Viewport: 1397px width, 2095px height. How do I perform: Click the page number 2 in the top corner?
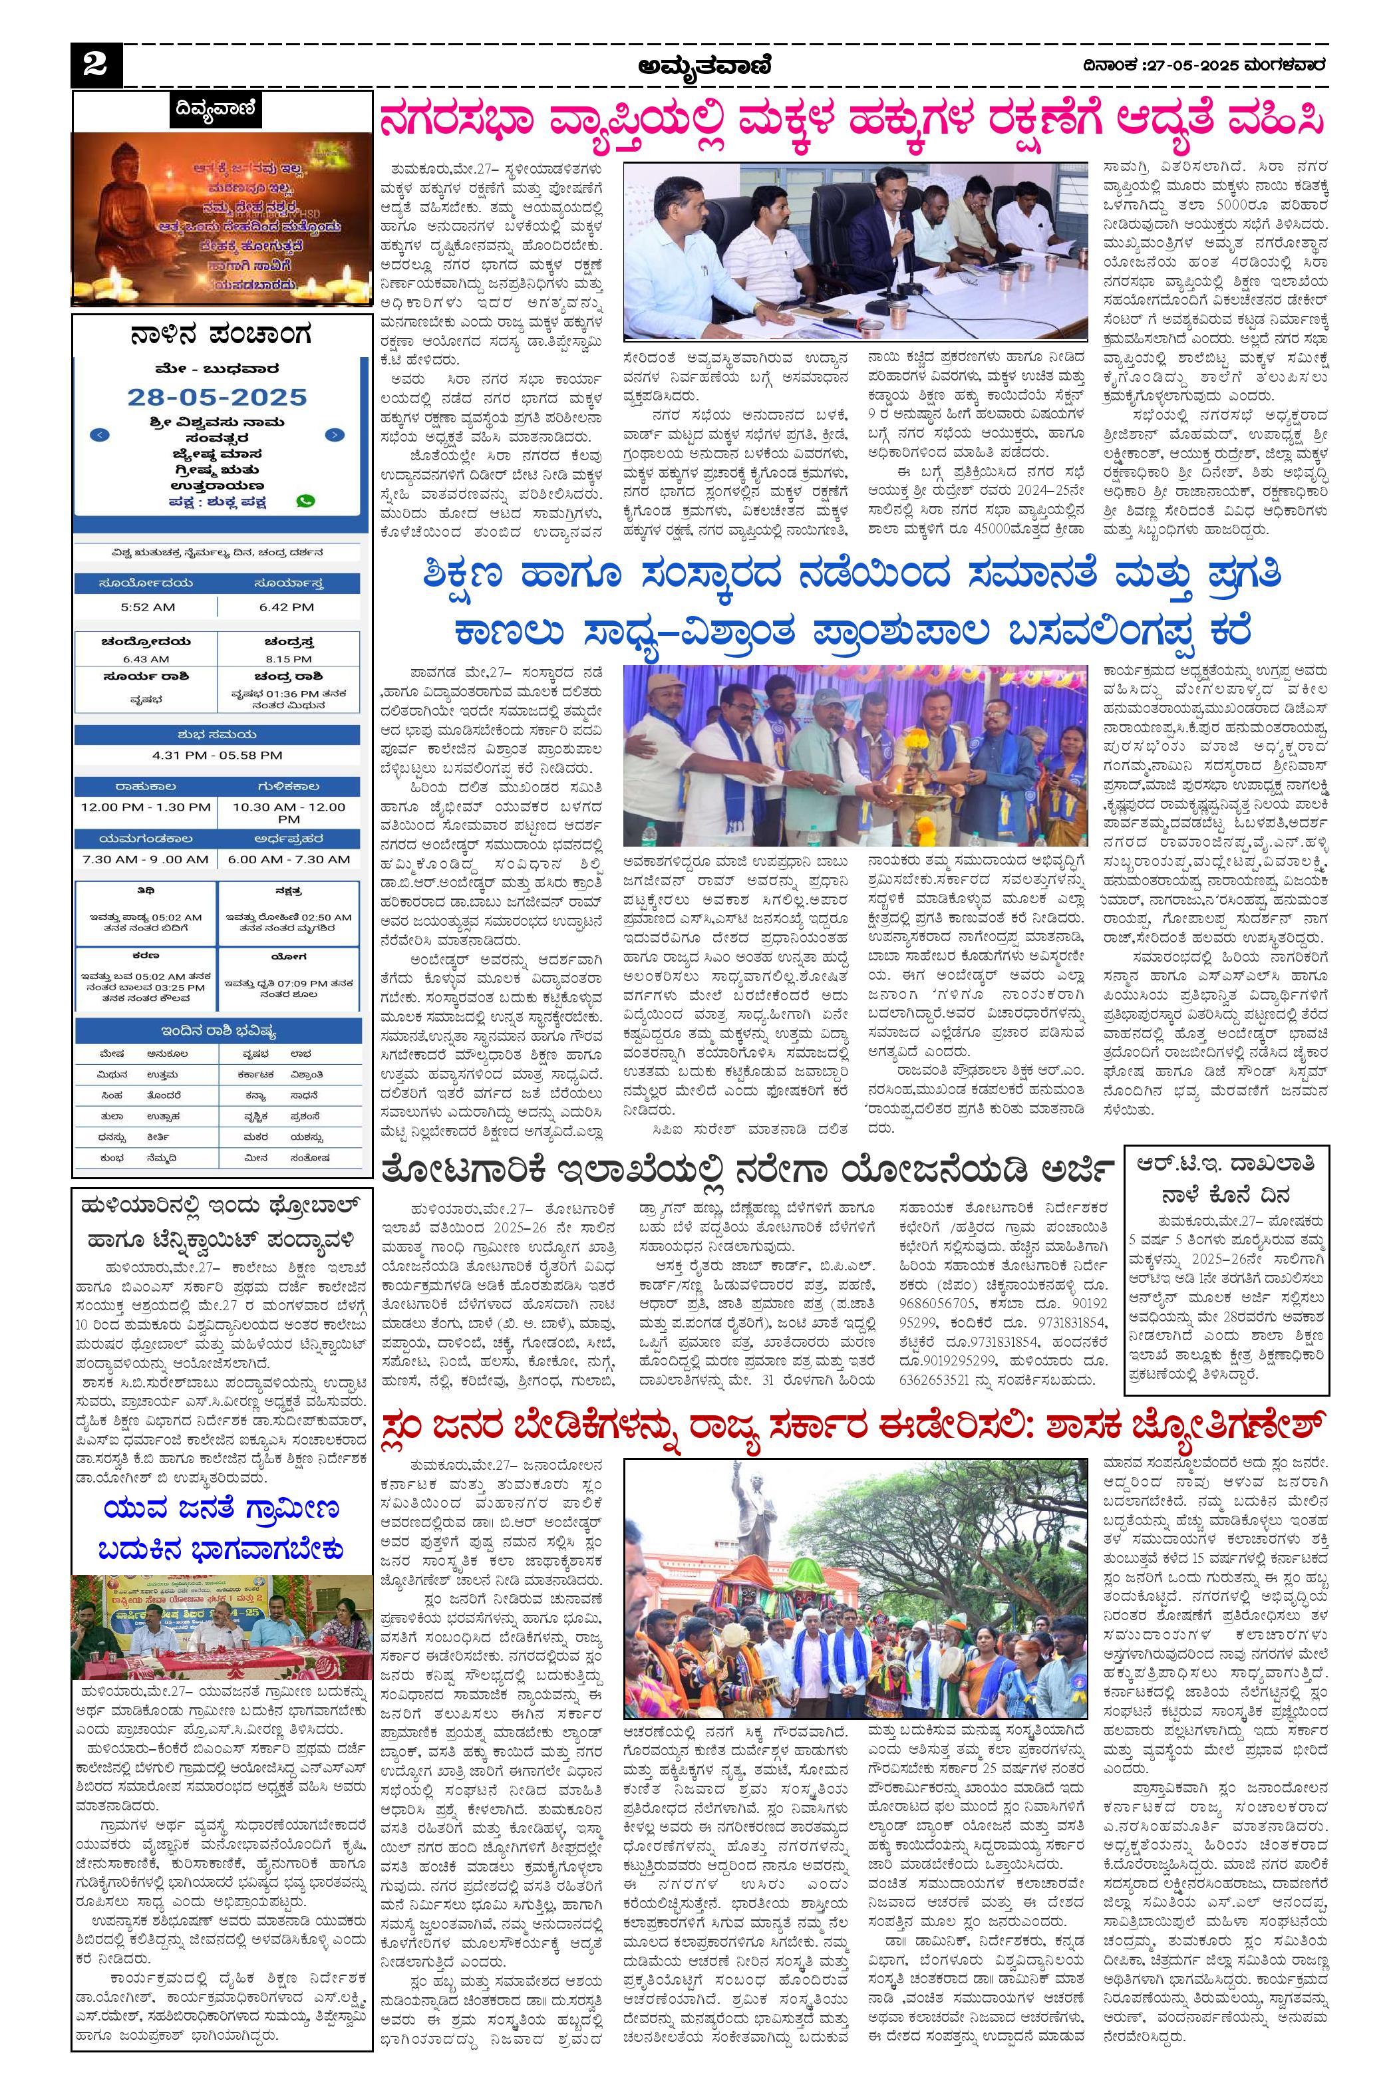click(94, 65)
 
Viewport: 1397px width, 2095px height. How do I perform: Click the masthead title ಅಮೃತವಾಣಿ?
click(704, 65)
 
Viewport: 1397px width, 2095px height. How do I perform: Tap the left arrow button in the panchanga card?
click(100, 435)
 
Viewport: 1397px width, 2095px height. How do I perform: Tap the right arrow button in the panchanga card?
click(334, 435)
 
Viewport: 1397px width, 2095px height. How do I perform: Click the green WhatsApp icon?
click(305, 501)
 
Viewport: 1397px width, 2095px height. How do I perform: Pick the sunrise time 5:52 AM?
click(148, 607)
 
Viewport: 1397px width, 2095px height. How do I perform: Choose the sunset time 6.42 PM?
click(287, 607)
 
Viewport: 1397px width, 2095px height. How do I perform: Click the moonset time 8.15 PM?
click(288, 659)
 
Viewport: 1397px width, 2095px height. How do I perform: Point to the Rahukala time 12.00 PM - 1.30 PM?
click(146, 807)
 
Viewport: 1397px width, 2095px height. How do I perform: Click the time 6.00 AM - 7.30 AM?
click(288, 859)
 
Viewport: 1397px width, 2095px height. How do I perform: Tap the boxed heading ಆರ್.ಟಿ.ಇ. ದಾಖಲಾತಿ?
click(1225, 1164)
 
